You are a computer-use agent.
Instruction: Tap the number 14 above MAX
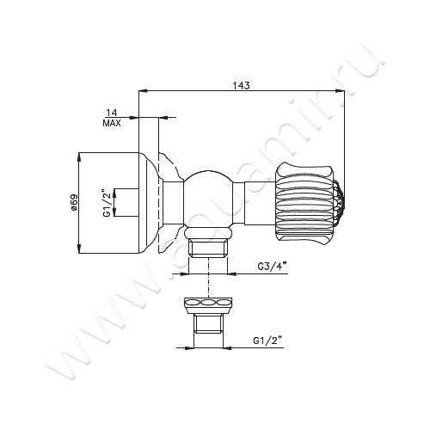point(112,113)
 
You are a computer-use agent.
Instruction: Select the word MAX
point(112,124)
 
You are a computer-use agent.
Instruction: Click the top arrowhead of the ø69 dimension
point(79,157)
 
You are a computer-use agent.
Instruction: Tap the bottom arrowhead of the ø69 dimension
point(79,253)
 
